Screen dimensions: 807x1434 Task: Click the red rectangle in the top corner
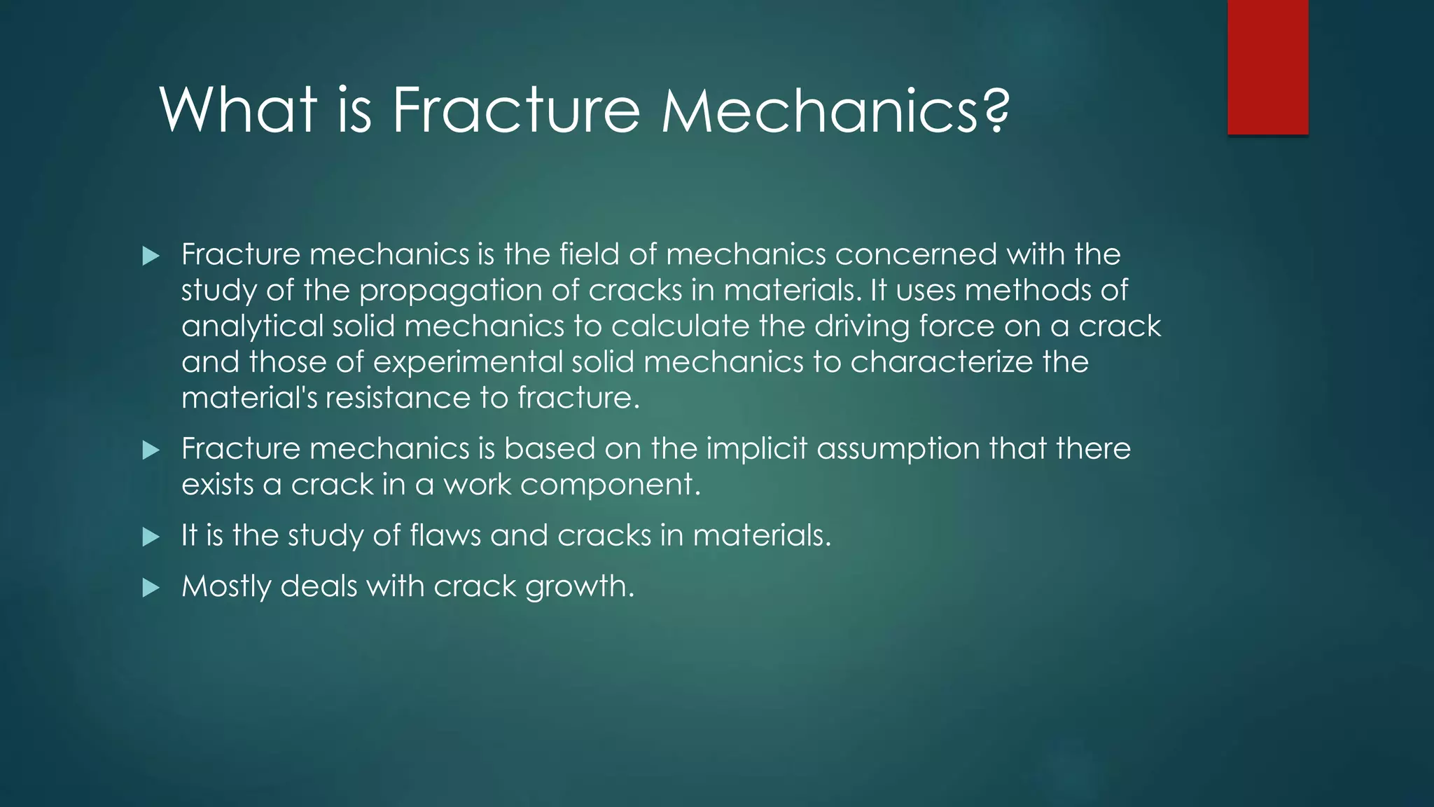click(x=1267, y=67)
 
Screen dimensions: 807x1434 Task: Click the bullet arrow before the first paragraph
click(x=151, y=256)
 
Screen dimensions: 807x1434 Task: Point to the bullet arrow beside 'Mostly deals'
click(x=151, y=588)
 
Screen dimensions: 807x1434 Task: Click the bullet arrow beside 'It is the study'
click(x=151, y=537)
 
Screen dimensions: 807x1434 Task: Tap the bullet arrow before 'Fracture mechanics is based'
click(x=151, y=450)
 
